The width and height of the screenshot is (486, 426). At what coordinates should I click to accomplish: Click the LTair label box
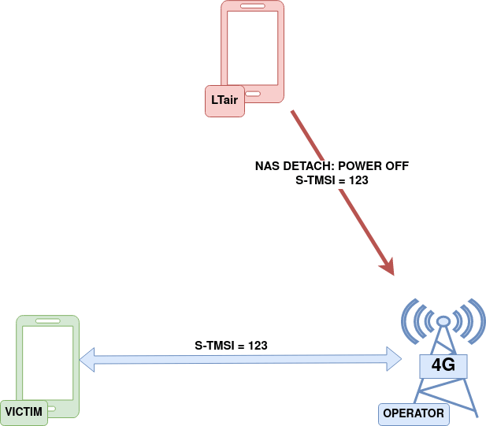[224, 100]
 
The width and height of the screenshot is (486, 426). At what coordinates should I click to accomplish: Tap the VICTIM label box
[24, 412]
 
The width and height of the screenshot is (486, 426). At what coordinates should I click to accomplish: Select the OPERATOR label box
[413, 413]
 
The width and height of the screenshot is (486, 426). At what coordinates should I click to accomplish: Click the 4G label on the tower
[443, 365]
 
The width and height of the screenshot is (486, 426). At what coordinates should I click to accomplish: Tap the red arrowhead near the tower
[387, 266]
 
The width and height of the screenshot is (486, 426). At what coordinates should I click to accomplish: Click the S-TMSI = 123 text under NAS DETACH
[332, 180]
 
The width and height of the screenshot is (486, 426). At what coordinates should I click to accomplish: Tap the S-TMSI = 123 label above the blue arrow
[231, 346]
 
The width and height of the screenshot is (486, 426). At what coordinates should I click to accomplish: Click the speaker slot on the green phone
[47, 321]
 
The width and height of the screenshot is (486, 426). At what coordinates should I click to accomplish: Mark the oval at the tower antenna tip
[443, 321]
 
